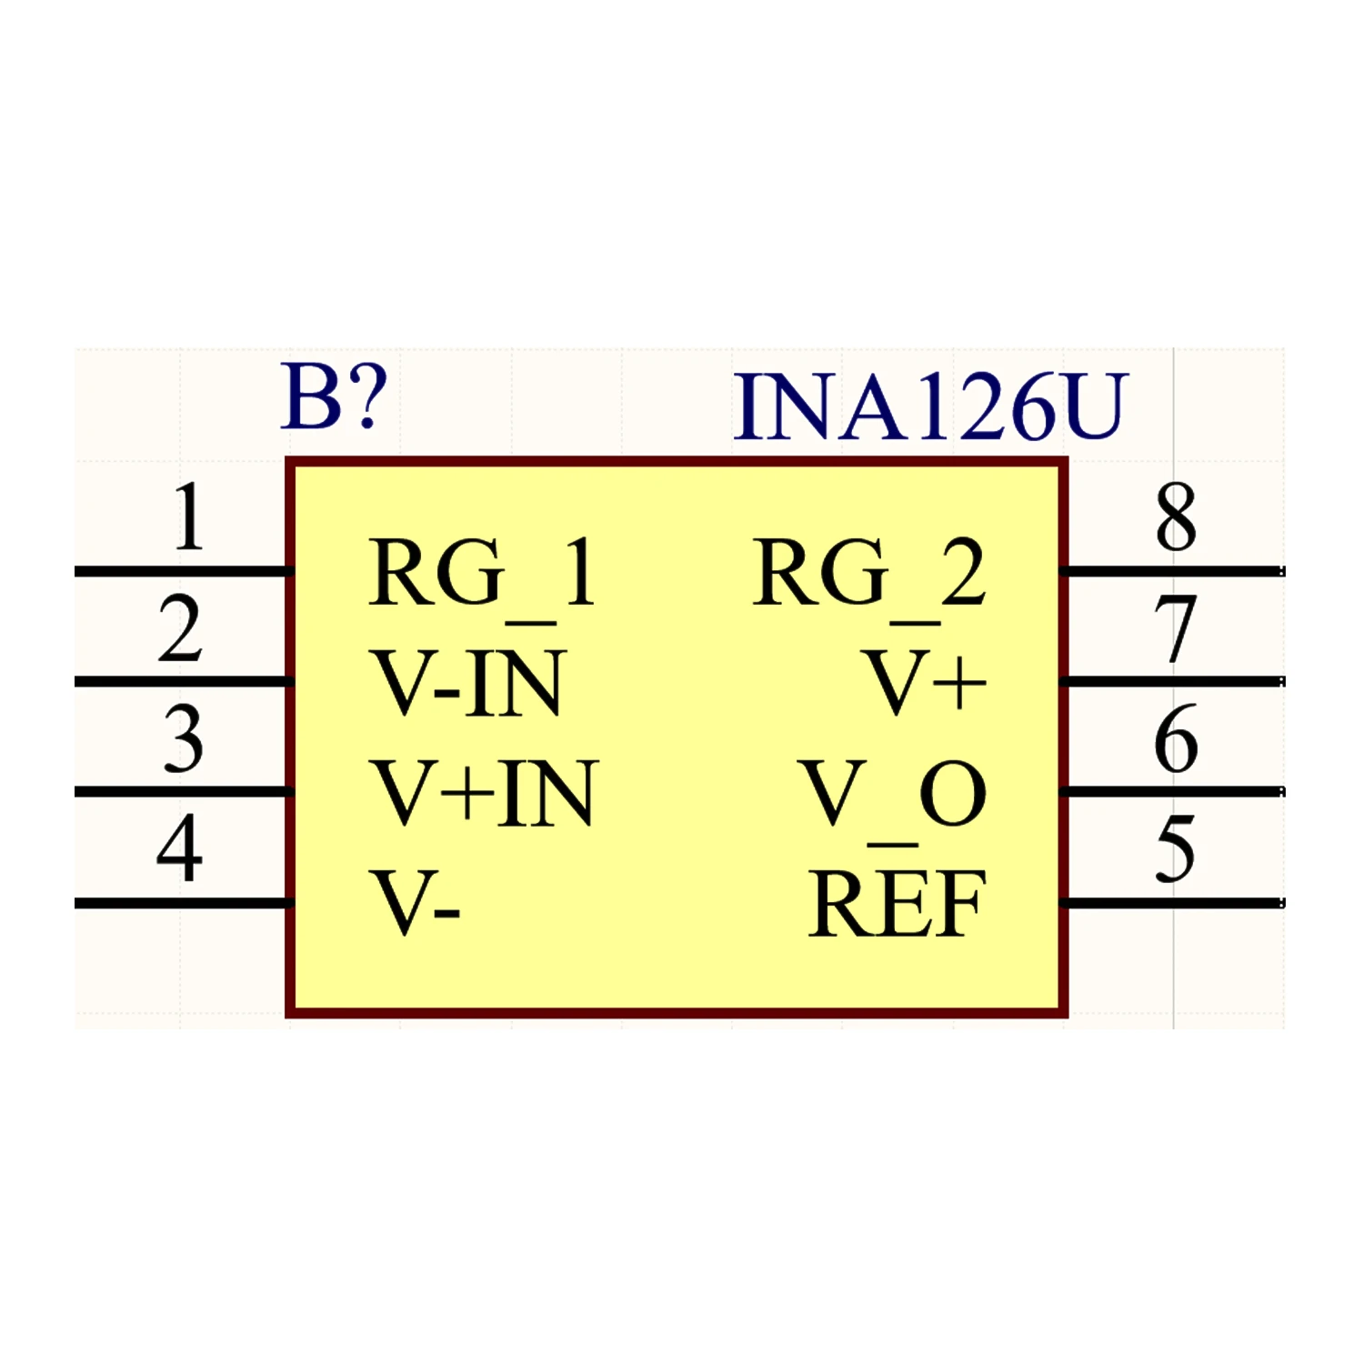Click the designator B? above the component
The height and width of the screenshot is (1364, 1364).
tap(334, 397)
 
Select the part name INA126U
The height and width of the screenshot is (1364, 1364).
tap(930, 406)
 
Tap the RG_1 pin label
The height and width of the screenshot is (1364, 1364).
tap(483, 578)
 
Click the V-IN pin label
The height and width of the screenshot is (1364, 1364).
tap(468, 683)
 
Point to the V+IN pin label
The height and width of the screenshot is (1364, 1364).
tap(485, 793)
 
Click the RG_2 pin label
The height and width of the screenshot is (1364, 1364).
tap(869, 578)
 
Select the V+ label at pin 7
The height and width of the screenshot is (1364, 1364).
tap(926, 681)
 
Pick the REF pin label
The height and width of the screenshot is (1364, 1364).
tap(898, 903)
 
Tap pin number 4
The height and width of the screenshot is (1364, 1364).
tap(179, 847)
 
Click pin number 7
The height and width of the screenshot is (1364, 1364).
tap(1176, 628)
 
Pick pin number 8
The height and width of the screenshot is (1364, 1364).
tap(1176, 517)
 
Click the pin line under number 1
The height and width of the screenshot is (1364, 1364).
tap(183, 571)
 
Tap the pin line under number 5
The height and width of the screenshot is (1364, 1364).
tap(1173, 903)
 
